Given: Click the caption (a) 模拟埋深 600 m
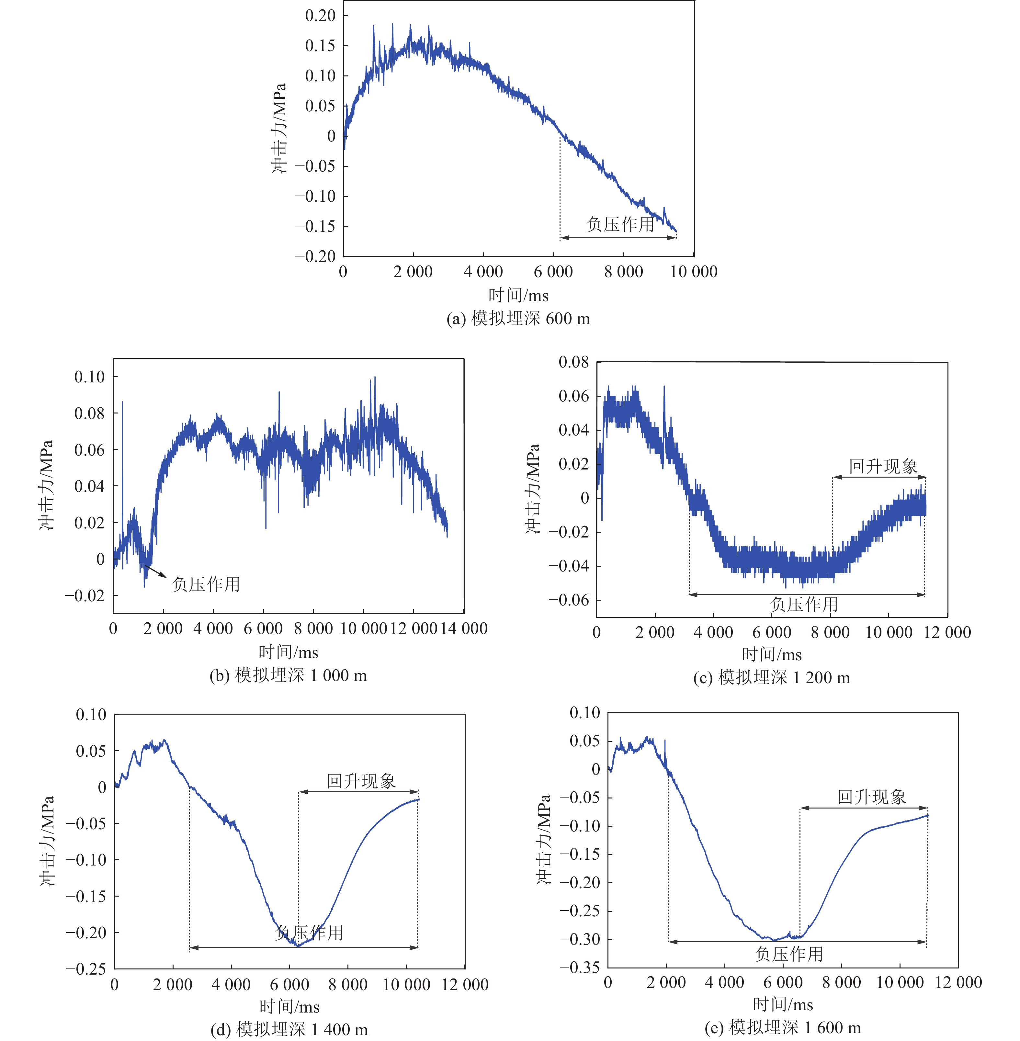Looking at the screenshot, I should [x=518, y=319].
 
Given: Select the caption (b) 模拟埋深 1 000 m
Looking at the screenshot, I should [x=288, y=675].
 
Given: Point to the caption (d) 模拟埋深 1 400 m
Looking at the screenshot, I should [x=289, y=1029].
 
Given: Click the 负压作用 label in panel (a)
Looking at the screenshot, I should [x=620, y=224].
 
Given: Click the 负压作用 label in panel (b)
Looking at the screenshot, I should [x=206, y=584].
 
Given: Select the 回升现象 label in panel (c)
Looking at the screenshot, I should [x=883, y=466].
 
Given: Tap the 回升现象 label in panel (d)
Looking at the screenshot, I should [x=361, y=781].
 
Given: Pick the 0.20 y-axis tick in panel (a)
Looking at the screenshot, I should [x=320, y=16].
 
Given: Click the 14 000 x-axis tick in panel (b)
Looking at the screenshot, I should [x=464, y=628].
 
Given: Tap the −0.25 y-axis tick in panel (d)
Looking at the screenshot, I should [x=86, y=969].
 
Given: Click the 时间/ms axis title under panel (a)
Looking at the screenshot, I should [x=518, y=295].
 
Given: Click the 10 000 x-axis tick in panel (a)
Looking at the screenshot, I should [x=694, y=272].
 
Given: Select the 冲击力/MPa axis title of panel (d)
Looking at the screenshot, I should [x=47, y=841].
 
